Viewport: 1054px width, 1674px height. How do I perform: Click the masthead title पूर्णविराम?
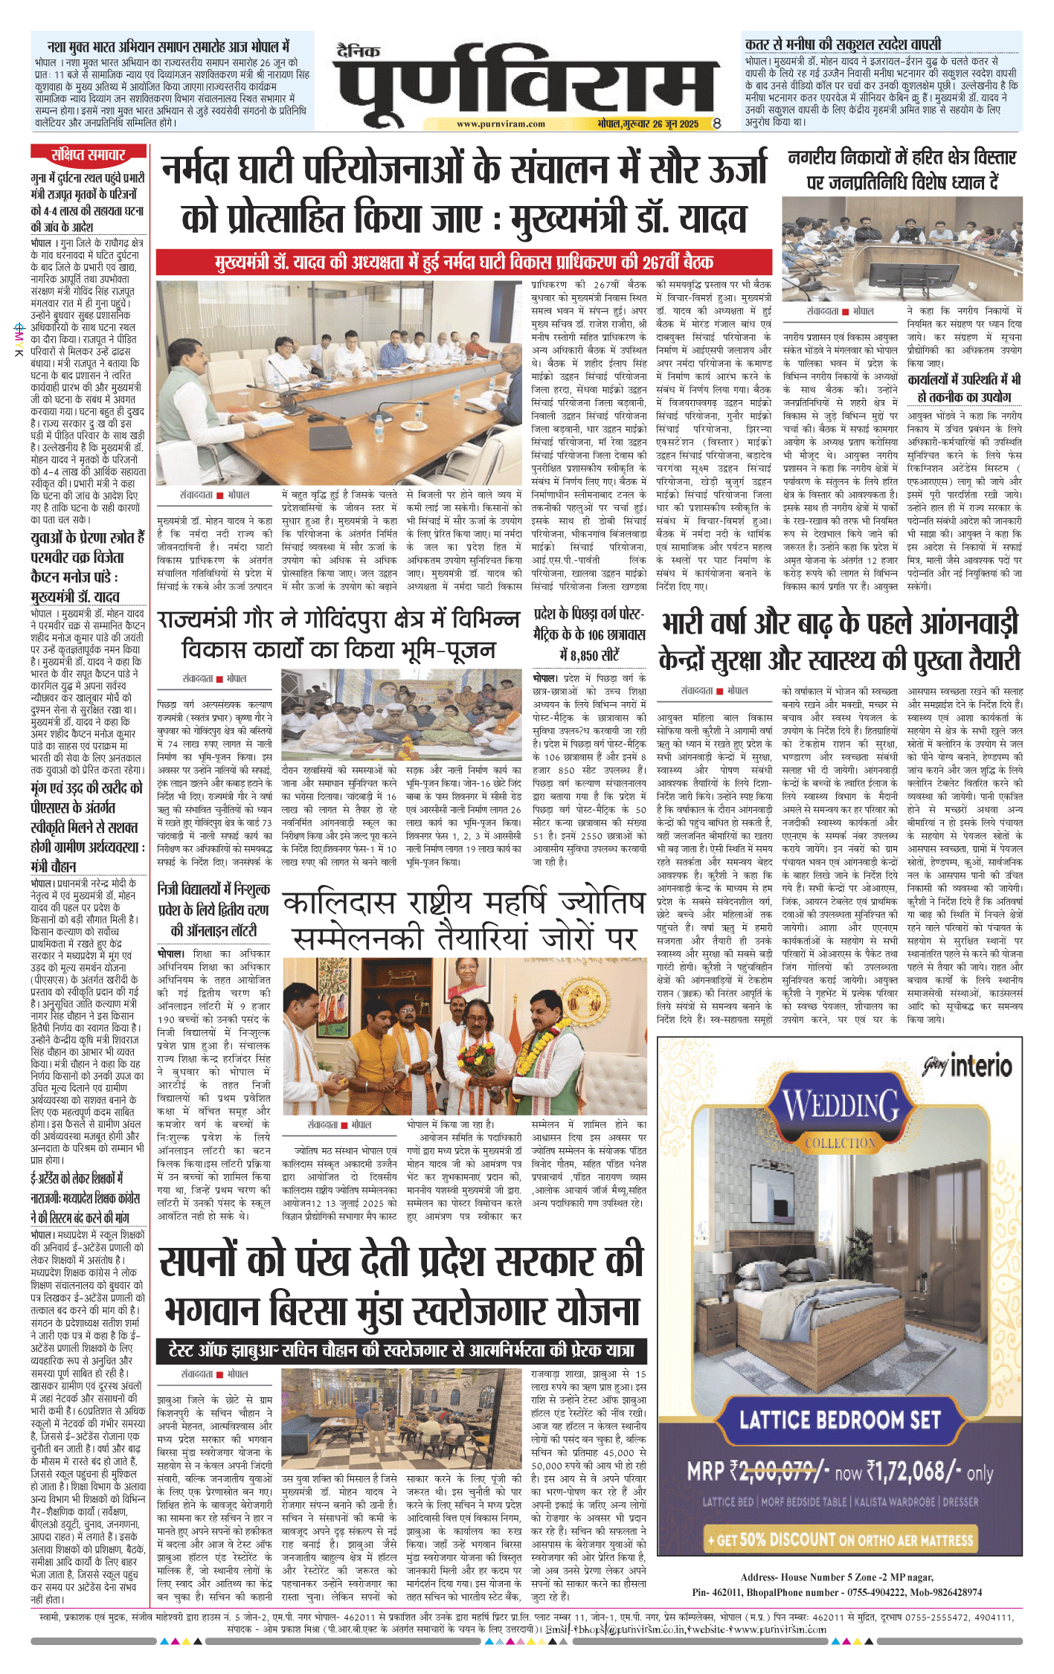click(x=527, y=84)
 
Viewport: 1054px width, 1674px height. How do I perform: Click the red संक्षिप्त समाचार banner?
click(x=88, y=155)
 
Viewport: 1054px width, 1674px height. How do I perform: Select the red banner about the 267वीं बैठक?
click(x=463, y=262)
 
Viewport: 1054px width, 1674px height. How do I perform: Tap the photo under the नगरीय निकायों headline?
click(x=902, y=249)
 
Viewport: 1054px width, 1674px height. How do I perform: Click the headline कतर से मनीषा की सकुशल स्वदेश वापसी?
click(x=843, y=44)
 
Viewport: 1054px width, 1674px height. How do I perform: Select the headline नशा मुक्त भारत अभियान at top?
click(x=168, y=46)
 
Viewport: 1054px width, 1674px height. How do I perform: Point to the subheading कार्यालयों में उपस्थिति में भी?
click(x=964, y=379)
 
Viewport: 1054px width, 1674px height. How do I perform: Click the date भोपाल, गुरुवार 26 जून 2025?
click(x=648, y=124)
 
